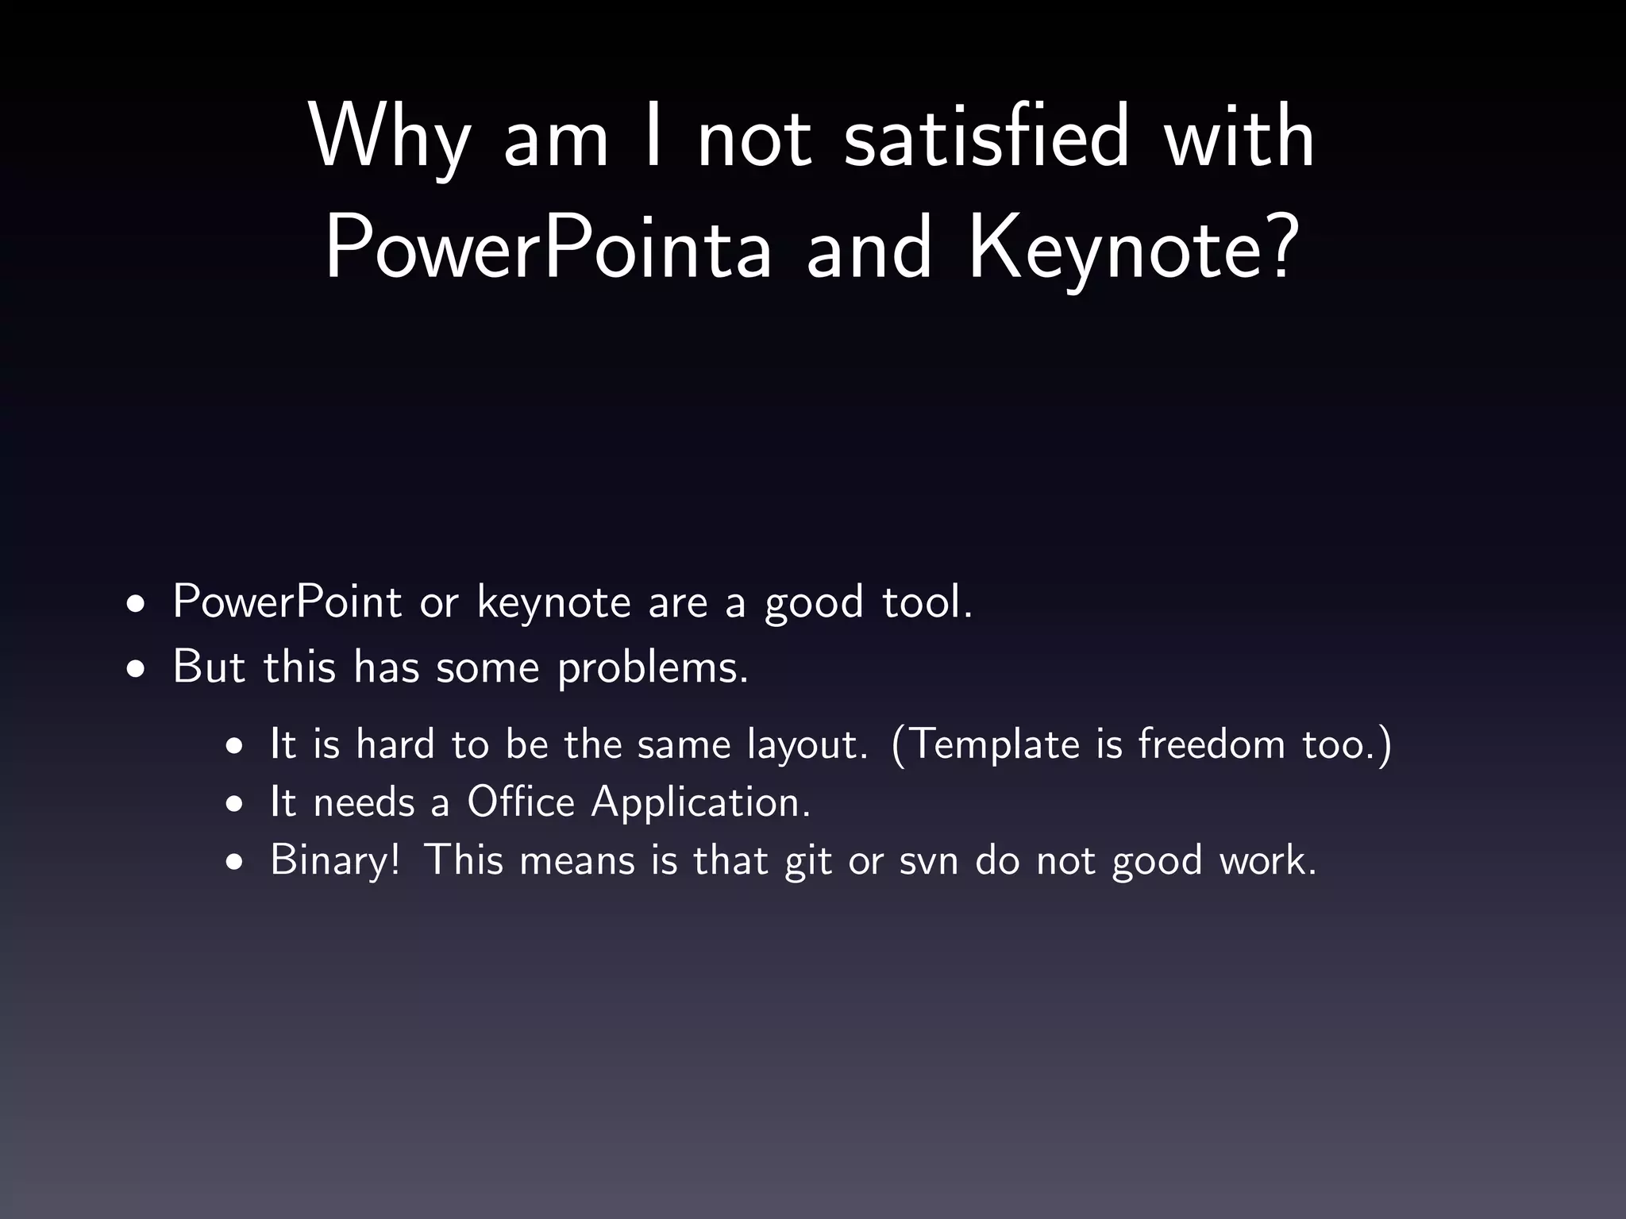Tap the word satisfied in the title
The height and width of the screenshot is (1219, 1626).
pyautogui.click(x=985, y=136)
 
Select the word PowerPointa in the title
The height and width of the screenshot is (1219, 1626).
pyautogui.click(x=549, y=248)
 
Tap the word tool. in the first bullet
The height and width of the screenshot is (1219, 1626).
pyautogui.click(x=927, y=602)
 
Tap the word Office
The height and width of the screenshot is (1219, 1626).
pyautogui.click(x=520, y=802)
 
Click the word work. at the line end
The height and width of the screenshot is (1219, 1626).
pyautogui.click(x=1268, y=860)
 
